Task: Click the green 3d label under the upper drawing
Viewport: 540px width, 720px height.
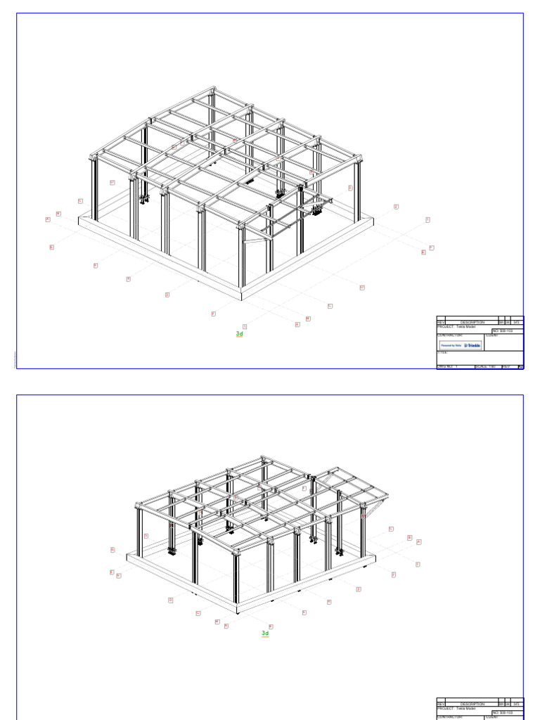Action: pyautogui.click(x=239, y=334)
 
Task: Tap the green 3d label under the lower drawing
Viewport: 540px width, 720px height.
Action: pyautogui.click(x=265, y=633)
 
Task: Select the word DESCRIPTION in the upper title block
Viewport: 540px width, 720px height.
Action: pyautogui.click(x=472, y=322)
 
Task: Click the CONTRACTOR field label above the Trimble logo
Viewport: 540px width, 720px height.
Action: pyautogui.click(x=450, y=335)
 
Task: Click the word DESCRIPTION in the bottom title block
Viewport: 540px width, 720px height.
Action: pyautogui.click(x=472, y=704)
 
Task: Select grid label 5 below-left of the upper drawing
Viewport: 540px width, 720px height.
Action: pyautogui.click(x=96, y=265)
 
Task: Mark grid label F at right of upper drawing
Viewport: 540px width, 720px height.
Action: pyautogui.click(x=431, y=247)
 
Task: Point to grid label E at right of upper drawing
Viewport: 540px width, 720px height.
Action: pyautogui.click(x=423, y=252)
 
